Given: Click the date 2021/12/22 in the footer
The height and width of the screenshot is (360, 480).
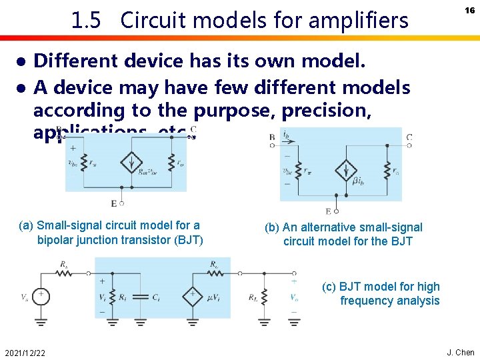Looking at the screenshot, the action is click(24, 352).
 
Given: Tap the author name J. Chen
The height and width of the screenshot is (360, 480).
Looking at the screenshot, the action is click(460, 352).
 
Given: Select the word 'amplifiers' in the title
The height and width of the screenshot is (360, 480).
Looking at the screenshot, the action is click(360, 21).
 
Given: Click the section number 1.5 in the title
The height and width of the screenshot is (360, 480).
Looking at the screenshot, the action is click(86, 21).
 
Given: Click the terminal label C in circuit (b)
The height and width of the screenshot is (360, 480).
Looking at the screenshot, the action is click(409, 138).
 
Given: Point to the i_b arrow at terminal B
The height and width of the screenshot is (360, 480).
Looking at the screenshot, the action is click(285, 138).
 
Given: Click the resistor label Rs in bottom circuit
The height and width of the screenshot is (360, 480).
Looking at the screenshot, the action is click(64, 265).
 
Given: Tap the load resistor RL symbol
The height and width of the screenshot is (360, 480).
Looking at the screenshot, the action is click(265, 295).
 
